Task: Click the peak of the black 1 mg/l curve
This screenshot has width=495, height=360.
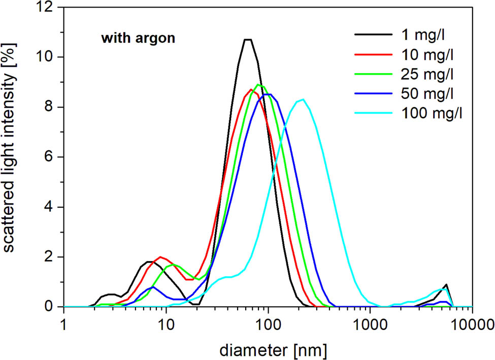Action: tap(248, 40)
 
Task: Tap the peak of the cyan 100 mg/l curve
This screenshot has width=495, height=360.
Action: tap(303, 100)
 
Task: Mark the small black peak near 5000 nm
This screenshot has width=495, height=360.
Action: tap(446, 285)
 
